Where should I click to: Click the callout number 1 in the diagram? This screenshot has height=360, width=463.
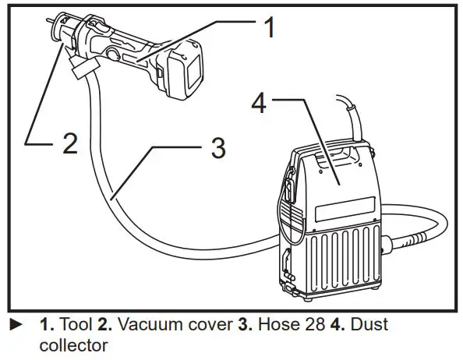pyautogui.click(x=268, y=30)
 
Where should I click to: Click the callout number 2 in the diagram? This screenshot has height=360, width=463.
pyautogui.click(x=69, y=144)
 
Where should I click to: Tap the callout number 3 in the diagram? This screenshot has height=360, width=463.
pyautogui.click(x=219, y=146)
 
